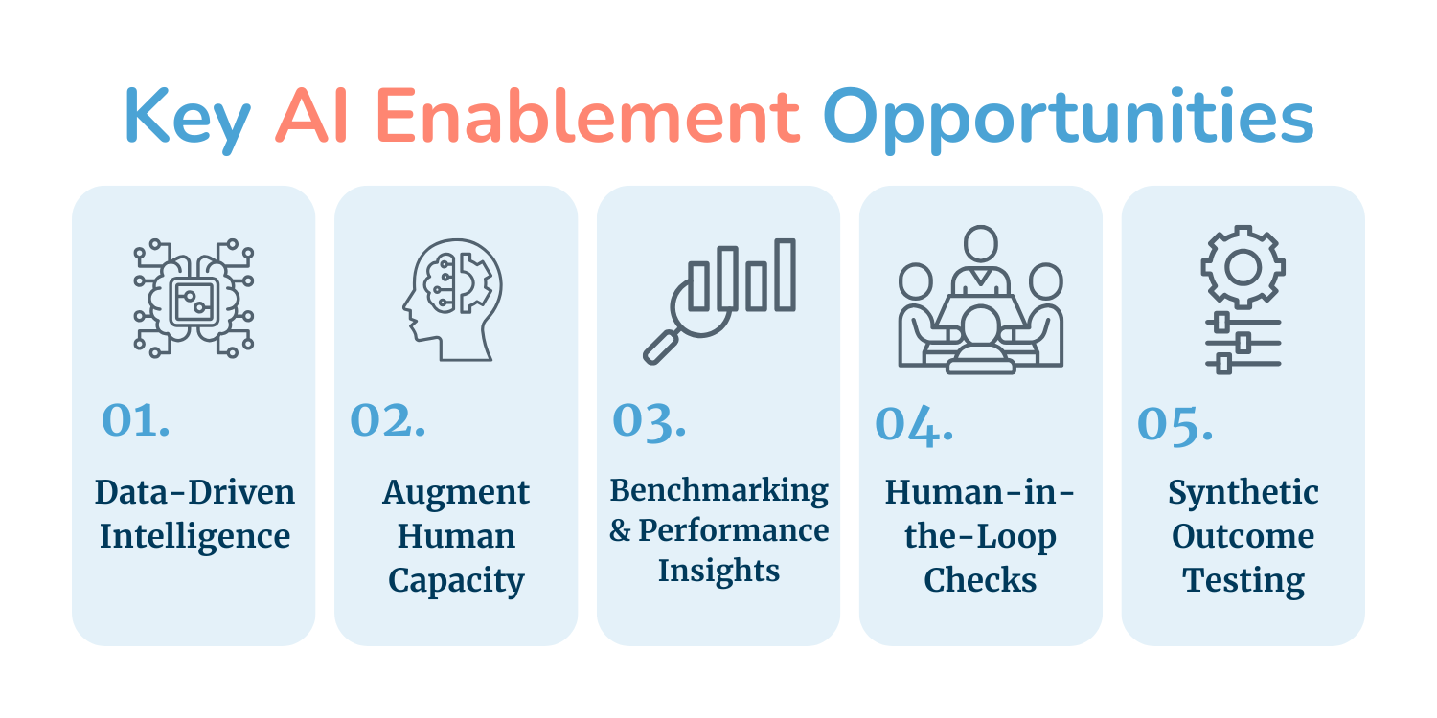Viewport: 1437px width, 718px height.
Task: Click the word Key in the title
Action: pos(187,120)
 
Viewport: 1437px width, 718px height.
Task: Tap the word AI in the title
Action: pos(311,116)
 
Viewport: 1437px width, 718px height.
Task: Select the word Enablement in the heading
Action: pos(587,116)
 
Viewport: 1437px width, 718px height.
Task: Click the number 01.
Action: pos(136,420)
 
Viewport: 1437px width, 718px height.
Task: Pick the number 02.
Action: pos(387,420)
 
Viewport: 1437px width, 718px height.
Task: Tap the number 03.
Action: pos(650,422)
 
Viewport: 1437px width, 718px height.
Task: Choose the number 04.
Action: pos(914,425)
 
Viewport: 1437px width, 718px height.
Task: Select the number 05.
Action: pos(1175,425)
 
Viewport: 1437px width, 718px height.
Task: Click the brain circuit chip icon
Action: pos(194,298)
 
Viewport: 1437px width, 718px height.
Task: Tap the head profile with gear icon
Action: pos(452,300)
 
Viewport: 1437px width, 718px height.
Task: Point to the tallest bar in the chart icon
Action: pos(785,275)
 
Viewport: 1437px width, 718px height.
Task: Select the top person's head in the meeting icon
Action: pos(980,243)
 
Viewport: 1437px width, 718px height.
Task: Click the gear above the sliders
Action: pos(1243,267)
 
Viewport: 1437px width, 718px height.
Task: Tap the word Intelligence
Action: pos(195,538)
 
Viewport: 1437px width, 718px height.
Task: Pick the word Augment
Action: pos(456,494)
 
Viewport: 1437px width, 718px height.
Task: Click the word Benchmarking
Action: pos(718,492)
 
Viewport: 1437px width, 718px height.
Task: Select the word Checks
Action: pos(980,579)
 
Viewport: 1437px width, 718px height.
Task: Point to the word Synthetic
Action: pos(1243,494)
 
